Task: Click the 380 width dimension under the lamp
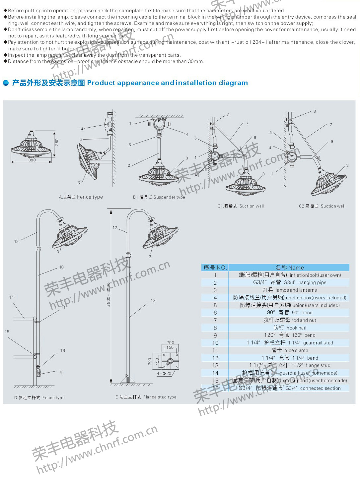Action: (32, 160)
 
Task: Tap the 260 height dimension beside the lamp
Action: (57, 142)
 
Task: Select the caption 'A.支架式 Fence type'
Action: (81, 197)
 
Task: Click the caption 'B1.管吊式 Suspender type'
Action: (159, 197)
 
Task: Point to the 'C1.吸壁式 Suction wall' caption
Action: (241, 206)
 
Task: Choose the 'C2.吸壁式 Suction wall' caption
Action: (322, 206)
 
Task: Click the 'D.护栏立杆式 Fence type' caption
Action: (39, 397)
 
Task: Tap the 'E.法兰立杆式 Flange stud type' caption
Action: (146, 397)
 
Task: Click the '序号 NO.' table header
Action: (215, 268)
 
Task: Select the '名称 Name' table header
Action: (289, 268)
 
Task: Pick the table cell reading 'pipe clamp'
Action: (290, 350)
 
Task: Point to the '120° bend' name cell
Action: (290, 335)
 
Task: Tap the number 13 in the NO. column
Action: (215, 365)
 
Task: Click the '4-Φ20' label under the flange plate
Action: (164, 373)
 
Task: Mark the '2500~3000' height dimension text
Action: (108, 294)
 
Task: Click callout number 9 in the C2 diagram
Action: (331, 142)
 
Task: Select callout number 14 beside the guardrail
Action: (12, 297)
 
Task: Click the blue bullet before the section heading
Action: (6, 83)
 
